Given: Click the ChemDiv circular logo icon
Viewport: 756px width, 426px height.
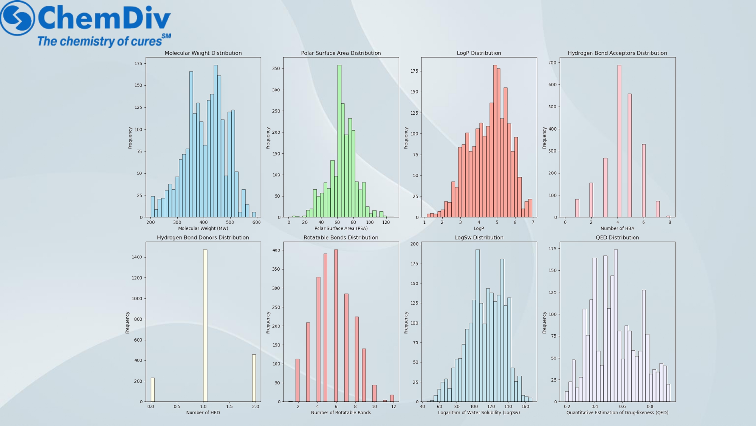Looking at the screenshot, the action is [x=17, y=18].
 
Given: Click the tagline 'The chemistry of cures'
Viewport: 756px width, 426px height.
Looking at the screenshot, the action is [x=99, y=41].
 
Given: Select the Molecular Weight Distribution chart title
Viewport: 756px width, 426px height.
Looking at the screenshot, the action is [x=203, y=53].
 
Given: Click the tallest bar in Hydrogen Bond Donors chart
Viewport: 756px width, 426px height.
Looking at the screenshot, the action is [x=205, y=326].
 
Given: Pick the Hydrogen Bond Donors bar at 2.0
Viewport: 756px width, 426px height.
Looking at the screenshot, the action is [x=254, y=378].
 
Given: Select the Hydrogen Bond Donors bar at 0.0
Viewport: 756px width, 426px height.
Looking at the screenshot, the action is [x=153, y=390].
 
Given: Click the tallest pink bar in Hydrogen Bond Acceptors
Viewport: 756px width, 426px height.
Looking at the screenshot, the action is [x=619, y=141].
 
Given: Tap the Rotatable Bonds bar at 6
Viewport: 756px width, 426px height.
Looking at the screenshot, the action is [x=336, y=326].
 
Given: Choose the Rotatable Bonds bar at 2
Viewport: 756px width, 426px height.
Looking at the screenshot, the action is [x=297, y=381].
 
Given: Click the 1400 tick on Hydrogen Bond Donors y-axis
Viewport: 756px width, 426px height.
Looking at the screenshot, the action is [x=137, y=257].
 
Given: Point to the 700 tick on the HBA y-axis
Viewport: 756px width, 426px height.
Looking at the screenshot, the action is [x=553, y=62].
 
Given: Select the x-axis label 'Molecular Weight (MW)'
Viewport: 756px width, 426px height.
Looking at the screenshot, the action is [x=203, y=228].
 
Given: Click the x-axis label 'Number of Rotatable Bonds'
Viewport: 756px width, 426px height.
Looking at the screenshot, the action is [x=341, y=413].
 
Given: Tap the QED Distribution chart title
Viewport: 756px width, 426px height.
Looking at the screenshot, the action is [x=617, y=237].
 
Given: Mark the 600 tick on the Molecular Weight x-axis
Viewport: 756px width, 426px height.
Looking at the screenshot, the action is [x=256, y=222].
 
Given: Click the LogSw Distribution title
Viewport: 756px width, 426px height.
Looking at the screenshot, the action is [x=479, y=237].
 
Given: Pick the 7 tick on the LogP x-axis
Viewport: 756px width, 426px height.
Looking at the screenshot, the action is [x=533, y=222].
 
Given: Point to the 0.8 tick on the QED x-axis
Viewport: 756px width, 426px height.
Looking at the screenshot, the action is [x=650, y=406].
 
